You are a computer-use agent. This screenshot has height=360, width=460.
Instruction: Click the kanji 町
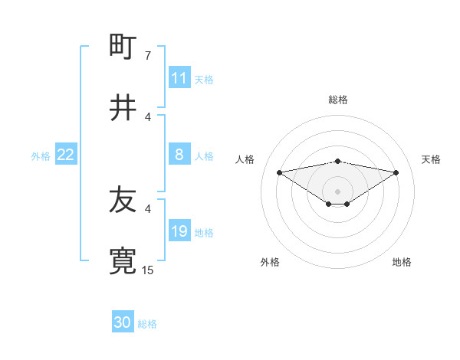pos(123,47)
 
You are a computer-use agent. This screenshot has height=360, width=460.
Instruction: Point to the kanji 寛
pos(123,261)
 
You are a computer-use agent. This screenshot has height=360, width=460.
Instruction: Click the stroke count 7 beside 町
pos(148,55)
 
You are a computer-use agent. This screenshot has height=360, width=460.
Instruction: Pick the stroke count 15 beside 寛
pos(148,270)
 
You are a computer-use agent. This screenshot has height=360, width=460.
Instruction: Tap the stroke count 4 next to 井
pos(148,116)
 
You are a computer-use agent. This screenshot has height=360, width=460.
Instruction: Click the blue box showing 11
pos(179,78)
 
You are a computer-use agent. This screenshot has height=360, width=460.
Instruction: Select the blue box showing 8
pos(179,155)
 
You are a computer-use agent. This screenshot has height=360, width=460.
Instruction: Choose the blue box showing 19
pos(179,231)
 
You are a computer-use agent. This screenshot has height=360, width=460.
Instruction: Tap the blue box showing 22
pos(66,155)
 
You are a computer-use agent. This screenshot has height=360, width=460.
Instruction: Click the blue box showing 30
pos(123,322)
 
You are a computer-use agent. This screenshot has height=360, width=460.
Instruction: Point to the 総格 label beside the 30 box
pos(147,324)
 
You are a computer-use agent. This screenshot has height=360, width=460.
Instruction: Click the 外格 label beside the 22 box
pos(41,155)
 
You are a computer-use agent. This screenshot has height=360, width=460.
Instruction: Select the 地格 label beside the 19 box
pos(204,232)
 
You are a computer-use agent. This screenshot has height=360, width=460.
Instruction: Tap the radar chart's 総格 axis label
pos(338,100)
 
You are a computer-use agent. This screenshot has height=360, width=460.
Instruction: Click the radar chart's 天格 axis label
pos(432,159)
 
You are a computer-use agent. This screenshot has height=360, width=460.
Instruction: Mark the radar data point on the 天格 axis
pos(396,172)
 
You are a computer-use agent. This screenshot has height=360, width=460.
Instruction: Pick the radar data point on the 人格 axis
pos(280,172)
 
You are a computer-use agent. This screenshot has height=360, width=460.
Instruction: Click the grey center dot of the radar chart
pos(338,191)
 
